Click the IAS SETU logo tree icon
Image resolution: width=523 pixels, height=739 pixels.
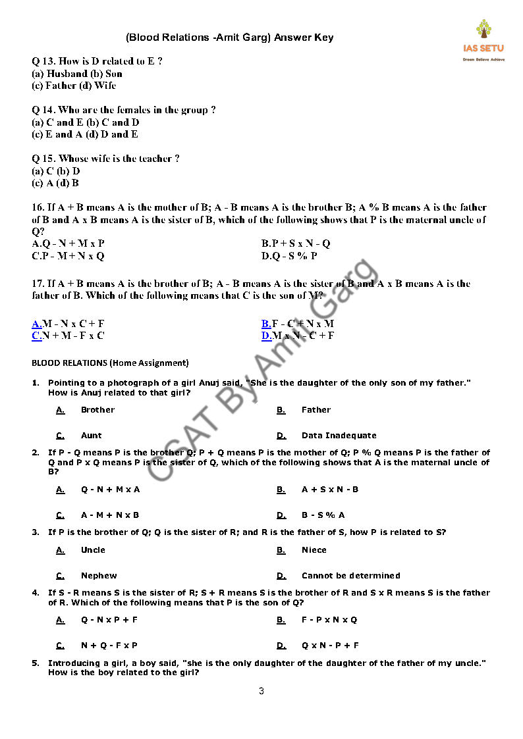point(483,30)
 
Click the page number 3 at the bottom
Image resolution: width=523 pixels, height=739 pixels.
point(261,690)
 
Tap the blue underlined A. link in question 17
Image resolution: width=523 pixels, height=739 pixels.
point(37,323)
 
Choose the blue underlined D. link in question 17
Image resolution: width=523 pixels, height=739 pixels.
point(266,336)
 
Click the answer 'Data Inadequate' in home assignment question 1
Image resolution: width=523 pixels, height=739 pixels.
point(339,436)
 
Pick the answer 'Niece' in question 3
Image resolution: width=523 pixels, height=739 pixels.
point(314,550)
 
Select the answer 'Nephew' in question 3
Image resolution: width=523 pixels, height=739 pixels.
point(99,576)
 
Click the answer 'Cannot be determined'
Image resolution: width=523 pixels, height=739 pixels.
point(350,576)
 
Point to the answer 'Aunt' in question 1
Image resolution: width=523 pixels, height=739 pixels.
point(92,436)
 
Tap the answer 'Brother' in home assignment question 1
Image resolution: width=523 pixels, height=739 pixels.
point(97,410)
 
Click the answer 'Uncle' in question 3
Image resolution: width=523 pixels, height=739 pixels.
point(93,550)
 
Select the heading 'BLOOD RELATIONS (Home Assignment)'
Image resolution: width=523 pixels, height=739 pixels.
point(110,363)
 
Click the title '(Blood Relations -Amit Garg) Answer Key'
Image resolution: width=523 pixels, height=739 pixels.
point(229,38)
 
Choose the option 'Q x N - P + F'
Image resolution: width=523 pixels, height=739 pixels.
point(330,646)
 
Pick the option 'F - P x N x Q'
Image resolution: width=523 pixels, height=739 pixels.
point(329,620)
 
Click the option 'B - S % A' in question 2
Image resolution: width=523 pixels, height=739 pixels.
point(323,515)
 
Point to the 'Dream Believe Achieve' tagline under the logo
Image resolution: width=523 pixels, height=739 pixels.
point(483,59)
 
